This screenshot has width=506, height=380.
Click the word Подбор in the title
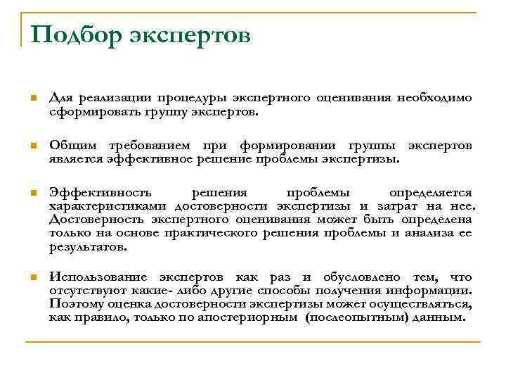75,34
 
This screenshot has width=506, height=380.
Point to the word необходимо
434,98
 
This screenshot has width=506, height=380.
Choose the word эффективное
143,158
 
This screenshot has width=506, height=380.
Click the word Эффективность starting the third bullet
98,192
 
